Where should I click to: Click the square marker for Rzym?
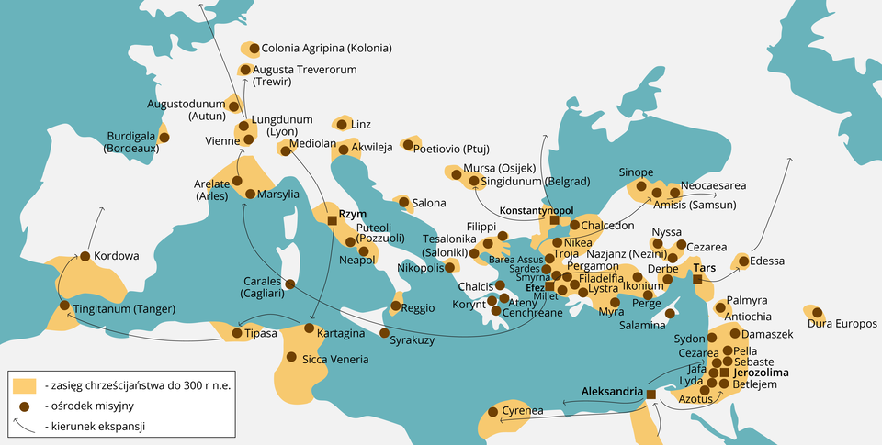point(333,220)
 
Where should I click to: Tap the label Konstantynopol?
point(536,210)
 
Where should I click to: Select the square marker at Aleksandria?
point(650,395)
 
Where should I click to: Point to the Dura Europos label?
point(842,324)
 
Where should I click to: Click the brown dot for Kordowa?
point(85,256)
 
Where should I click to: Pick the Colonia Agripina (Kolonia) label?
point(326,48)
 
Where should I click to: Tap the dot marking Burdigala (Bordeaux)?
point(164,138)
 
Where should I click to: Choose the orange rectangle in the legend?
point(25,385)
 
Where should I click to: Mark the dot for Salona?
point(402,202)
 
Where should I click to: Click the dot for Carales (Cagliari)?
point(290,284)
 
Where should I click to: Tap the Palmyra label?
point(746,300)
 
